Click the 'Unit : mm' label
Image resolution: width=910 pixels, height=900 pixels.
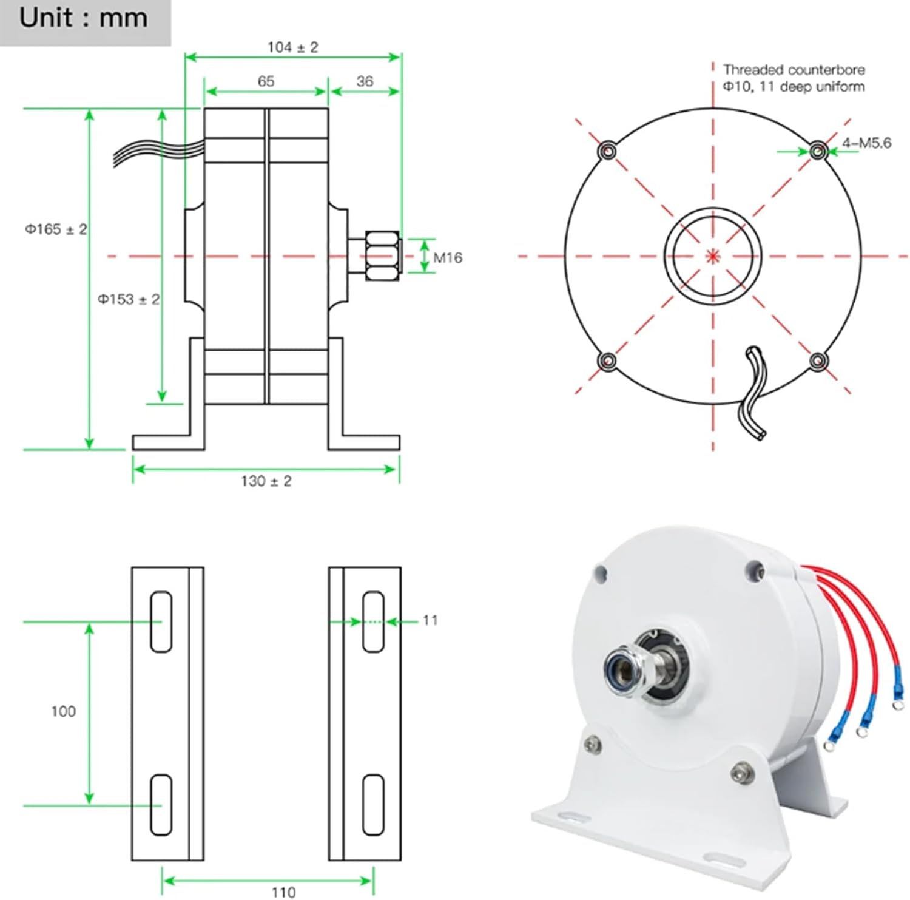[83, 18]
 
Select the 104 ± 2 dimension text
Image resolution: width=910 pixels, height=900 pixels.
[292, 47]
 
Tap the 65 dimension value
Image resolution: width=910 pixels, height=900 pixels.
[266, 81]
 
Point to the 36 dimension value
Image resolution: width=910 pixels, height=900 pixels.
[365, 81]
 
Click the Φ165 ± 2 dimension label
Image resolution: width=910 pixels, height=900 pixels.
[56, 229]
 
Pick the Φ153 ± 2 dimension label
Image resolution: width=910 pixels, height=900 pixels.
[129, 299]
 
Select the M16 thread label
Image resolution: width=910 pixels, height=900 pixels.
[448, 258]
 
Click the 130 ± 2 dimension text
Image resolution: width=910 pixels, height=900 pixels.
[266, 481]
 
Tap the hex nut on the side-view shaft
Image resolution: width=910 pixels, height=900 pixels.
[382, 255]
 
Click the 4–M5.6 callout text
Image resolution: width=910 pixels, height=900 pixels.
[866, 143]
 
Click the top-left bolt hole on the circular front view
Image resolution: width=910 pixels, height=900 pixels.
[607, 150]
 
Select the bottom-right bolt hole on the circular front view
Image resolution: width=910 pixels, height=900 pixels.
[818, 361]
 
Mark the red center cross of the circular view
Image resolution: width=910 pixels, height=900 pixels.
[713, 256]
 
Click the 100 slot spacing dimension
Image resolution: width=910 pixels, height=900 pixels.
[63, 711]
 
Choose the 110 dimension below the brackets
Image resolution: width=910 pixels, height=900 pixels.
[283, 892]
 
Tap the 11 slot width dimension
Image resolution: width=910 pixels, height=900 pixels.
[430, 620]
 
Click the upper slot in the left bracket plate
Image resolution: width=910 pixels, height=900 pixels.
[161, 622]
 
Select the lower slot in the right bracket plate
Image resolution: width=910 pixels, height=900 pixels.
[373, 805]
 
